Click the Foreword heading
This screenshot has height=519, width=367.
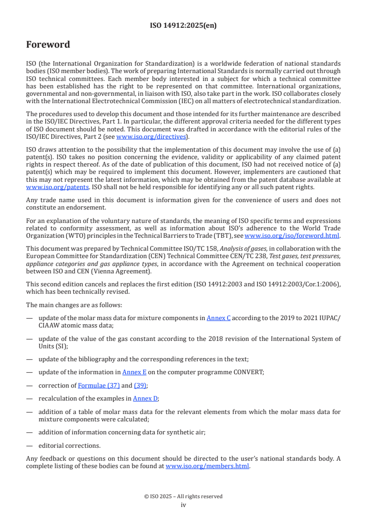48,45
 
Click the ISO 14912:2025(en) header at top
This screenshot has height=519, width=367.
183,26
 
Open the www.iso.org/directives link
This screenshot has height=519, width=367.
150,137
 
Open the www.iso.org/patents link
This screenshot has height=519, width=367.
46,187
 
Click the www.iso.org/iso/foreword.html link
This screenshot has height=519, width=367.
292,235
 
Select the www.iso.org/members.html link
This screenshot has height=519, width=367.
207,466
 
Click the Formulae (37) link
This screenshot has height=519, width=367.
99,385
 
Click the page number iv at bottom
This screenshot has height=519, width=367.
183,505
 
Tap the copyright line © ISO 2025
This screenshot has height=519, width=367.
183,496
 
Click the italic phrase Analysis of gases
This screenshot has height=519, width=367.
241,248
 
